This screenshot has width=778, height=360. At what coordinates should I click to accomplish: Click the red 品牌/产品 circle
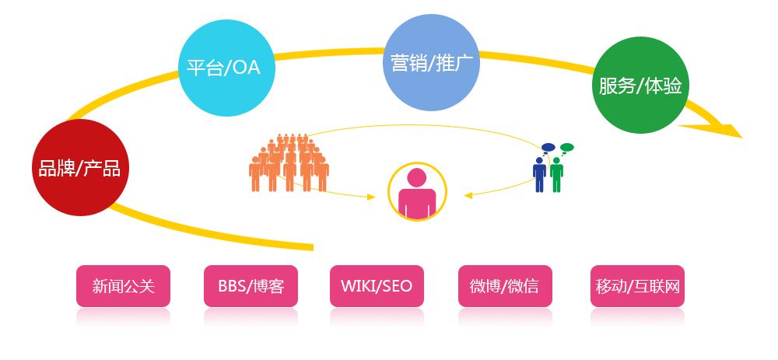(x=80, y=168)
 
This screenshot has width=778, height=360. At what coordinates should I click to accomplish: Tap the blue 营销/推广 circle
(x=432, y=63)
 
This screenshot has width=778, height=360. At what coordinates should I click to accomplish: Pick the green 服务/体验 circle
(x=640, y=86)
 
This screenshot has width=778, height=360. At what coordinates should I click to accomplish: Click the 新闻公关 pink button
(x=123, y=286)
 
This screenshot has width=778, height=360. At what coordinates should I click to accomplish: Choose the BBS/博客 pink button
(x=251, y=286)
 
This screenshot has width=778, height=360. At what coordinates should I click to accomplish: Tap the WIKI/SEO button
(x=377, y=286)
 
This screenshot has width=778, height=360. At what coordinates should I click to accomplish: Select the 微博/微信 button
(x=503, y=286)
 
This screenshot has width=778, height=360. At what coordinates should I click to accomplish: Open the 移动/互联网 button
(x=637, y=286)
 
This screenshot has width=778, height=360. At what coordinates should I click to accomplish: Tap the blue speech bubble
(x=548, y=147)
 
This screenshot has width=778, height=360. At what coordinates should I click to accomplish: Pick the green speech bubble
(x=566, y=147)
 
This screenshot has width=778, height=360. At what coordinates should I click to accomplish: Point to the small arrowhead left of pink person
(x=371, y=197)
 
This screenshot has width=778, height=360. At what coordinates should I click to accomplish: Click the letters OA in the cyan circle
(x=247, y=68)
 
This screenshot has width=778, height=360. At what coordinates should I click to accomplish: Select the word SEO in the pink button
(x=397, y=286)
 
